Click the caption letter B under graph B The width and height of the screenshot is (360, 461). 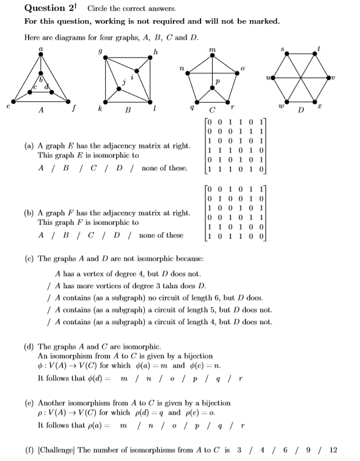128,111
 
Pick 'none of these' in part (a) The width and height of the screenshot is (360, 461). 164,168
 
